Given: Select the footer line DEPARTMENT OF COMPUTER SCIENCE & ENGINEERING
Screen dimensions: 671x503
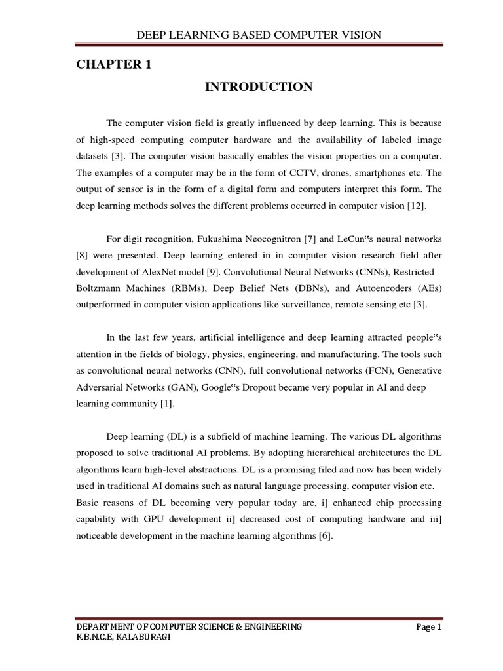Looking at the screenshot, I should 189,627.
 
